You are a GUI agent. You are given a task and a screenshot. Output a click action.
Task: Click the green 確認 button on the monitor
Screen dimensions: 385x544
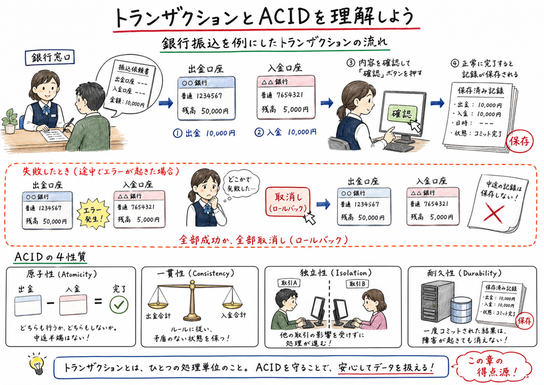pos(401,115)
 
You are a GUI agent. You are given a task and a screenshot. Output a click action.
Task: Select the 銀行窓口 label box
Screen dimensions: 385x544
pos(52,57)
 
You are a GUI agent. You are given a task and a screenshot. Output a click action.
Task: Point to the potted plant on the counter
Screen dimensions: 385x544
pos(10,120)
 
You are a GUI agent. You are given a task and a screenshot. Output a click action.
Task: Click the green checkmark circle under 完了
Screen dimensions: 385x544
pos(119,306)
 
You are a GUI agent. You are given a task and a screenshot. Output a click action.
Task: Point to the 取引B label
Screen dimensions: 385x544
pos(357,284)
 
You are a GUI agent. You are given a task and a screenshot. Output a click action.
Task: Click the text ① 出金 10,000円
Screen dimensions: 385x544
pos(203,132)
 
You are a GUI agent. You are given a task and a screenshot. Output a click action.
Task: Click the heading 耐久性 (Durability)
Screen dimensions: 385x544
pos(461,273)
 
